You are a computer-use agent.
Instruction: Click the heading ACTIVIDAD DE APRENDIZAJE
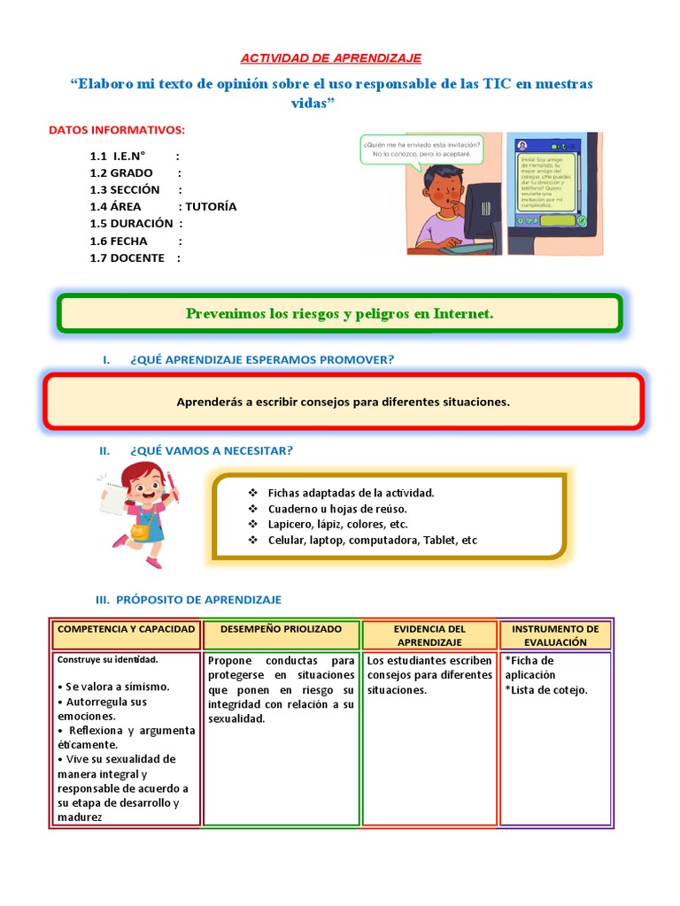point(332,58)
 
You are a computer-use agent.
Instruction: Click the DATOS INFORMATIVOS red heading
point(117,130)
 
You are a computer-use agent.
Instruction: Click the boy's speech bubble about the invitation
point(421,147)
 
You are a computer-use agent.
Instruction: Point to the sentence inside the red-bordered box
point(343,402)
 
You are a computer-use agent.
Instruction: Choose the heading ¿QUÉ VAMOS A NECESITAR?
point(211,450)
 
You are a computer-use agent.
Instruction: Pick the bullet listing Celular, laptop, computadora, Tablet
point(372,540)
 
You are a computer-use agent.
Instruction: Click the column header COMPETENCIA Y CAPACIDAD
point(126,628)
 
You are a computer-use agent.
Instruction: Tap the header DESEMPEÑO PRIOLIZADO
point(282,628)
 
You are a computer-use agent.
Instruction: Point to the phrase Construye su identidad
point(107,659)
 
